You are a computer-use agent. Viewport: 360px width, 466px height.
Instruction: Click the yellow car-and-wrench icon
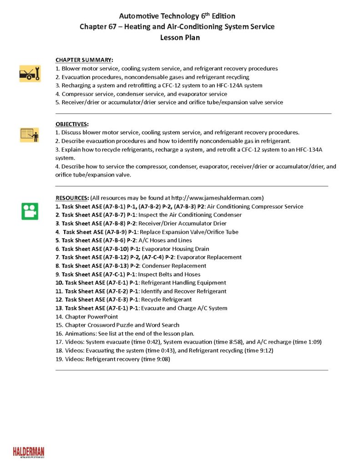(30, 73)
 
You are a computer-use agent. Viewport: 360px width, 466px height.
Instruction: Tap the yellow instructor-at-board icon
(30, 135)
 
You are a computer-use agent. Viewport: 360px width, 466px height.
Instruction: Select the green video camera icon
(30, 211)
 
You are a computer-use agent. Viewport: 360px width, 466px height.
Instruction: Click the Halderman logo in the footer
(28, 452)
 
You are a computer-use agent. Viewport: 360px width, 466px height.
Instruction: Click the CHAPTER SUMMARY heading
(84, 60)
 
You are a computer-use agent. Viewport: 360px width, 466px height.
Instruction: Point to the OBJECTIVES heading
(72, 124)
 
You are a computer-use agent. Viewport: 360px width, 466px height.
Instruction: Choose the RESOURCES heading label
(72, 198)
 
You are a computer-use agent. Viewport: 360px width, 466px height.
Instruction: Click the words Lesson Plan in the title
(180, 38)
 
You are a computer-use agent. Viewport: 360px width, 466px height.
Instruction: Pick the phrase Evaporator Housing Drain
(176, 249)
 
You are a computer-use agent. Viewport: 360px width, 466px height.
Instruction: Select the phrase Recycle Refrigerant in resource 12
(166, 300)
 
